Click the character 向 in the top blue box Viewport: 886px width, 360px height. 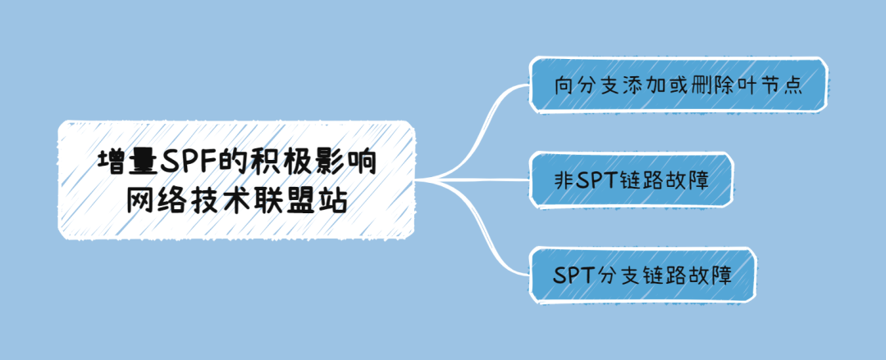pyautogui.click(x=564, y=85)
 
